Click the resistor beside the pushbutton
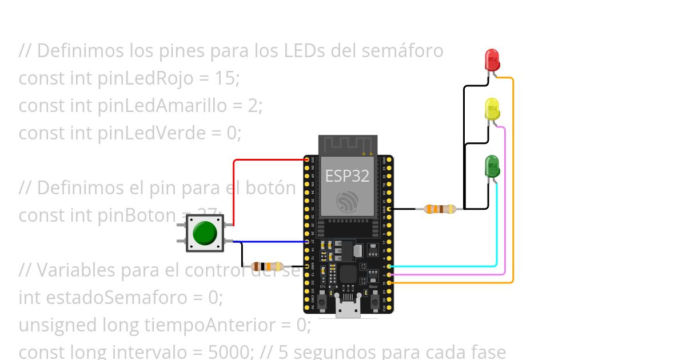[267, 266]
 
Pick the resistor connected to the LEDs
[440, 209]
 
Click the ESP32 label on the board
[347, 176]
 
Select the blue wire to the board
[269, 242]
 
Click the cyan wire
[496, 229]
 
